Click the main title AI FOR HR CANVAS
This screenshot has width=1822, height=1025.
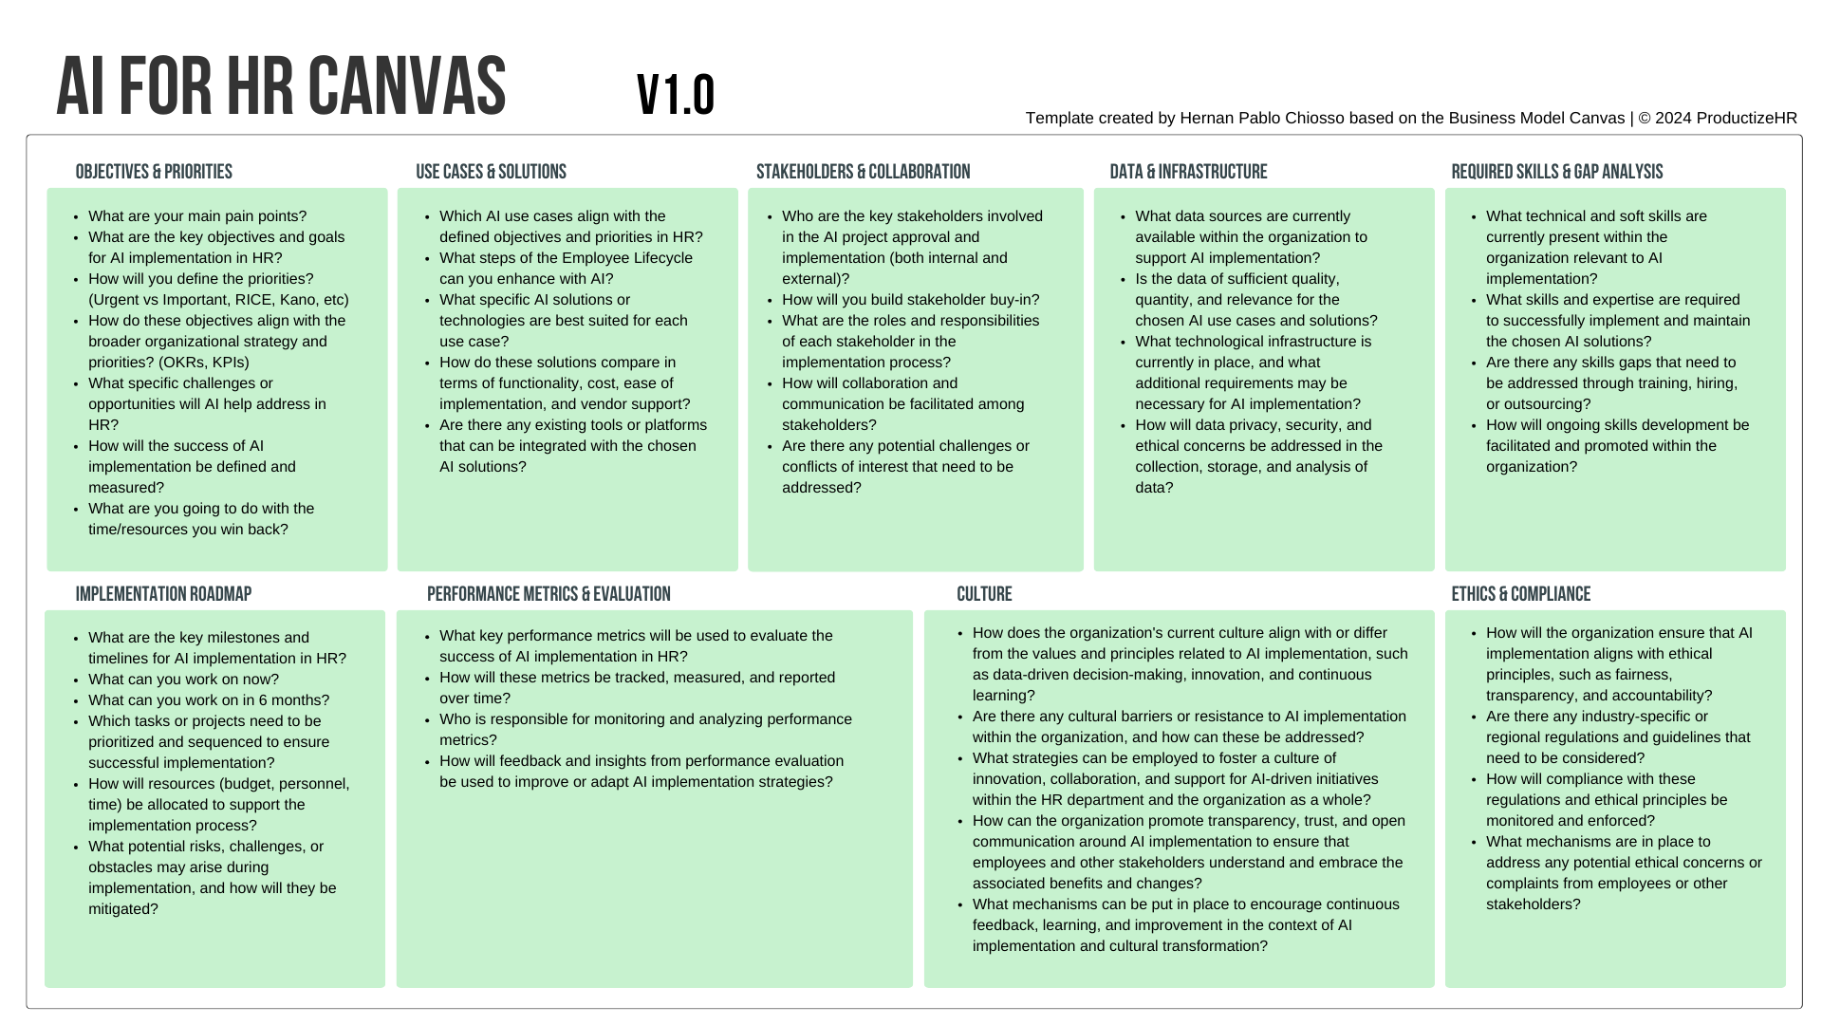[281, 86]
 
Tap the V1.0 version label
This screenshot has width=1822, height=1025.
[676, 95]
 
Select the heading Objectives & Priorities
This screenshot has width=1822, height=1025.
[154, 172]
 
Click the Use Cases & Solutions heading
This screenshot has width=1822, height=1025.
[491, 172]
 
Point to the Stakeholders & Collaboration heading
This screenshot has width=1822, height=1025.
[863, 172]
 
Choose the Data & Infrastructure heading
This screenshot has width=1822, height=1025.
[1188, 172]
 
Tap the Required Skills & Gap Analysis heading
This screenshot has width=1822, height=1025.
[1556, 172]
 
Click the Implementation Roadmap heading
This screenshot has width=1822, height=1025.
[163, 594]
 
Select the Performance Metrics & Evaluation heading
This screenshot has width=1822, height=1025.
[548, 594]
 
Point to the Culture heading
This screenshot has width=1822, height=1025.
[984, 594]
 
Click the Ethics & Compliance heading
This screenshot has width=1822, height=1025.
[1520, 594]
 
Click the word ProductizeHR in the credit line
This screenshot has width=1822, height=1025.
[1746, 119]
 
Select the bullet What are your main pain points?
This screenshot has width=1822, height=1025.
[197, 216]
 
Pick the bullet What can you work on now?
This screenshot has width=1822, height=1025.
[183, 680]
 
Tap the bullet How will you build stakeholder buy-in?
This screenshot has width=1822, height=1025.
[910, 300]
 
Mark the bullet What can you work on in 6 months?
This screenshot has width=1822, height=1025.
[209, 700]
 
